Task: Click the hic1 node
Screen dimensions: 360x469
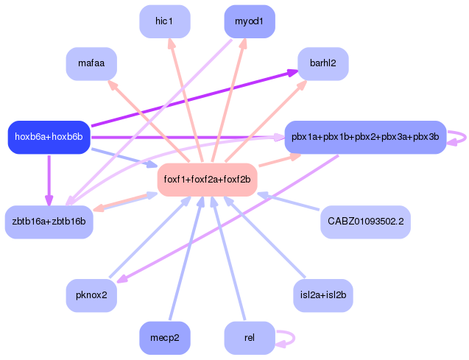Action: pos(164,21)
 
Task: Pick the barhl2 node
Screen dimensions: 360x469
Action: pos(322,64)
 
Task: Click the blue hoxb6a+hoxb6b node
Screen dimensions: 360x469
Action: pos(49,137)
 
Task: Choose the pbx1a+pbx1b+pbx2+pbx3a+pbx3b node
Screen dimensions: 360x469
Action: pos(365,137)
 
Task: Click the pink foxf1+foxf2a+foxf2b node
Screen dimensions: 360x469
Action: pos(207,180)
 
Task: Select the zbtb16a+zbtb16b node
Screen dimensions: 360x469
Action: pos(49,222)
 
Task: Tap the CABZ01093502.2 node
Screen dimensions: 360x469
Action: pos(365,222)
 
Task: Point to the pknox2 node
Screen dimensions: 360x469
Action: pos(91,295)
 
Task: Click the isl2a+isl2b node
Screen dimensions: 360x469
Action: pos(322,295)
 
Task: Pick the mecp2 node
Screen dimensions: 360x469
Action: pos(164,338)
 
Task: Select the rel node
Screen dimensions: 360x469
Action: pos(249,338)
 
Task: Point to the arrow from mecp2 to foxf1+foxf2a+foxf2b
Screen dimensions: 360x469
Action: pos(184,258)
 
